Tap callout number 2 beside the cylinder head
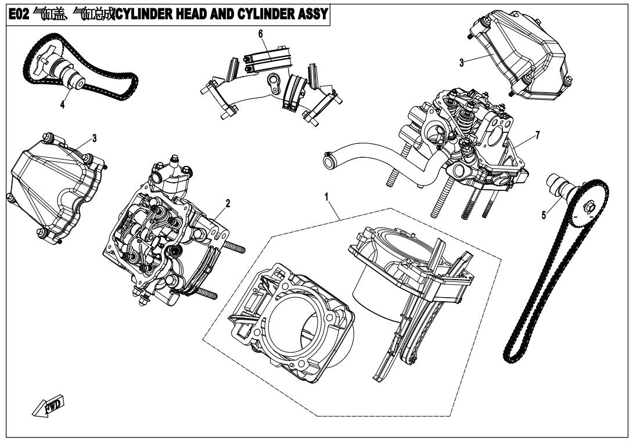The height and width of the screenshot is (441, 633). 228,203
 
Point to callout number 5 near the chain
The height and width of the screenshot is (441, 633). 544,215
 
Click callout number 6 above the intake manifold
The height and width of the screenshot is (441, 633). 261,34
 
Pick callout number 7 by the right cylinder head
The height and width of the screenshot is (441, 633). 538,135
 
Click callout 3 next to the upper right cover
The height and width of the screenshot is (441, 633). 461,63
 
